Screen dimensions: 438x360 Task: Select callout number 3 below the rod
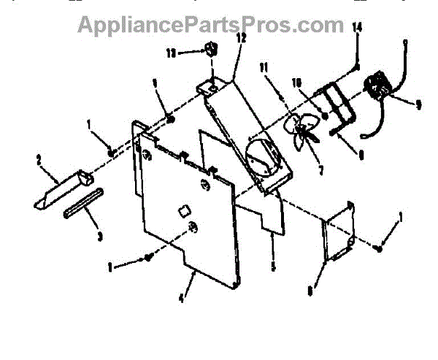click(99, 236)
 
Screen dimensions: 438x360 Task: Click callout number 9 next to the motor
click(418, 104)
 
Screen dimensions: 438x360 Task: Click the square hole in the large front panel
click(185, 209)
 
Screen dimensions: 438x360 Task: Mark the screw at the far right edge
click(380, 249)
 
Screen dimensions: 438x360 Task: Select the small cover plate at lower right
click(339, 231)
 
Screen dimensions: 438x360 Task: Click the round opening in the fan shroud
click(258, 158)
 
